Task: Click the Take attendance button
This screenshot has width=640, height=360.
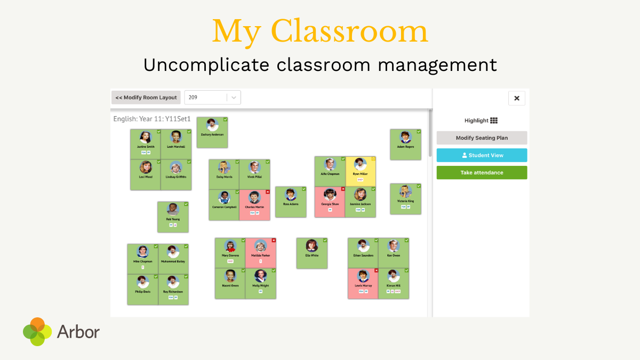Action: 482,173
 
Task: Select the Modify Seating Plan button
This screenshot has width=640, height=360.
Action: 482,138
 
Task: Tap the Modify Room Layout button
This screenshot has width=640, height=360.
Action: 146,98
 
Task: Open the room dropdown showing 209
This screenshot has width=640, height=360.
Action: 212,98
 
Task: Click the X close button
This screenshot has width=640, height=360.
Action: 516,98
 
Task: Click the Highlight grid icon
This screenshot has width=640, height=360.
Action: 494,121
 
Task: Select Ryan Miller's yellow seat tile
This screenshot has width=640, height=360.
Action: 361,171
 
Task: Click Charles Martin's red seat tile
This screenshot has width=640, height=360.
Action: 254,205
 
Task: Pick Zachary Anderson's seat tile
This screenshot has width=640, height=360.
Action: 212,132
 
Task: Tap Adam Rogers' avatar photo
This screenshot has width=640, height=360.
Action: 405,137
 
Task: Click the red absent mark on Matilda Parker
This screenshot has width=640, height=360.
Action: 274,241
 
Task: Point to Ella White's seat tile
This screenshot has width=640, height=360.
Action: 312,253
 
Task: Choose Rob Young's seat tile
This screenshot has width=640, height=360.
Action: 173,217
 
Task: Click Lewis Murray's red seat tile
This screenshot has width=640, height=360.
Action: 363,283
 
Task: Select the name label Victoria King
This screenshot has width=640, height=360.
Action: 405,201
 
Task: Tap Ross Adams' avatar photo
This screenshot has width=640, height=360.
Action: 291,195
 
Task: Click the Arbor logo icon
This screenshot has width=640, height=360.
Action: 37,332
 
